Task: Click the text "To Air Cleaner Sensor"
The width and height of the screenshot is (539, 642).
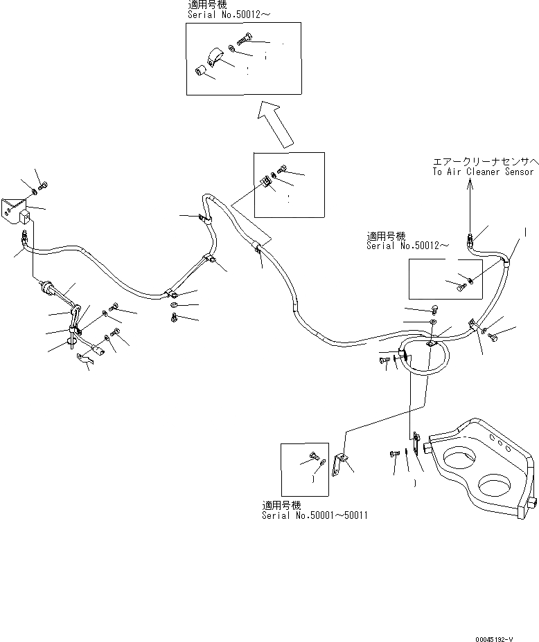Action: [x=483, y=172]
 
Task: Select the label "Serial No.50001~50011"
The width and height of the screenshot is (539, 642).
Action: [x=315, y=515]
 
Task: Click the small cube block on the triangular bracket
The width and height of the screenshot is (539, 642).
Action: [x=26, y=218]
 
